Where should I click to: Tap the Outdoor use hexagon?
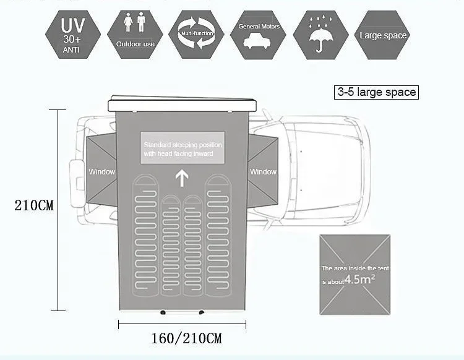(x=135, y=33)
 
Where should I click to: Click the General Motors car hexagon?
(x=259, y=35)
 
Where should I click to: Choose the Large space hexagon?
(x=383, y=35)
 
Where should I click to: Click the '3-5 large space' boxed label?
(x=376, y=93)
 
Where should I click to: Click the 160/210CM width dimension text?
(x=186, y=338)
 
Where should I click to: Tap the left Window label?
(x=101, y=171)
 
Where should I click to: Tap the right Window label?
(x=263, y=171)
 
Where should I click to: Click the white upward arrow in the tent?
(x=182, y=179)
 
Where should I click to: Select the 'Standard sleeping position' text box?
(x=183, y=148)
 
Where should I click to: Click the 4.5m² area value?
(x=359, y=279)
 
